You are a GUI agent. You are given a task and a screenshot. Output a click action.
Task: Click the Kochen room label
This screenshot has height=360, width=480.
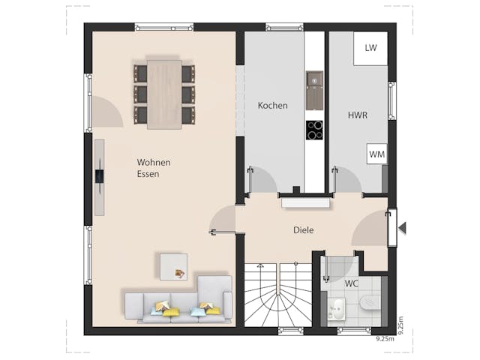point(272,106)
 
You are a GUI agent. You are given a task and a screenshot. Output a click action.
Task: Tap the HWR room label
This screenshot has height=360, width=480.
point(357,116)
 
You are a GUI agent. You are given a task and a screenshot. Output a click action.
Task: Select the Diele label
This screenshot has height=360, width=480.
point(303,230)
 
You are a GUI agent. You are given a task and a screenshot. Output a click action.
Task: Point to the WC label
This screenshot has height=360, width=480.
point(351,284)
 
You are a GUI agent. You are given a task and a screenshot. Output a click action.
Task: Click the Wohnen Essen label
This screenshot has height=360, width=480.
point(153,168)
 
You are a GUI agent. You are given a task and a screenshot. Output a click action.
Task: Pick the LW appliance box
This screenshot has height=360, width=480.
point(370,48)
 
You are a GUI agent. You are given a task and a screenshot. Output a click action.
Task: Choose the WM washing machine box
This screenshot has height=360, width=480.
point(376,154)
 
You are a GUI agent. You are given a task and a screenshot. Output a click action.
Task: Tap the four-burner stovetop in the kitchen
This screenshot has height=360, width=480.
point(314,130)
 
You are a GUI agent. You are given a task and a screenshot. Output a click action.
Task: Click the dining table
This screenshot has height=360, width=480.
point(164,93)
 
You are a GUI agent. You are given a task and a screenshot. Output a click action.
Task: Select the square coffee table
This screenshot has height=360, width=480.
point(174,267)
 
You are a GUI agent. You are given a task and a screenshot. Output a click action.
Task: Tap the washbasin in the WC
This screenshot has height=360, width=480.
point(336,307)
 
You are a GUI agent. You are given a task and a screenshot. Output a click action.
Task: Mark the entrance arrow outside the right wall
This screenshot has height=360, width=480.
point(402,228)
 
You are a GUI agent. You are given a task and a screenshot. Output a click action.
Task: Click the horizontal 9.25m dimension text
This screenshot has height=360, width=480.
point(386,339)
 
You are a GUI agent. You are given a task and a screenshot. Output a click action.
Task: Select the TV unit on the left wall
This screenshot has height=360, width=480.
point(99,177)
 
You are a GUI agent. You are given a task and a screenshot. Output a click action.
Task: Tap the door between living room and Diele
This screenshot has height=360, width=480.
point(222,222)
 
